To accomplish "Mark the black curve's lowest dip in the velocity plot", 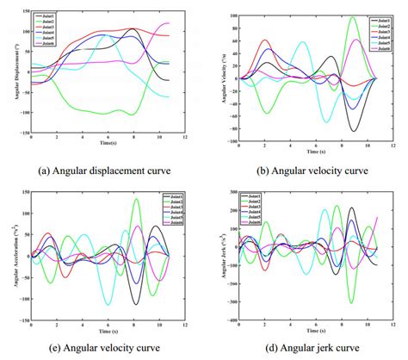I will click(354, 131).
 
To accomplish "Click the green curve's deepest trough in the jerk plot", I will click(351, 302).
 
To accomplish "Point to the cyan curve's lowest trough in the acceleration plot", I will click(108, 304).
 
